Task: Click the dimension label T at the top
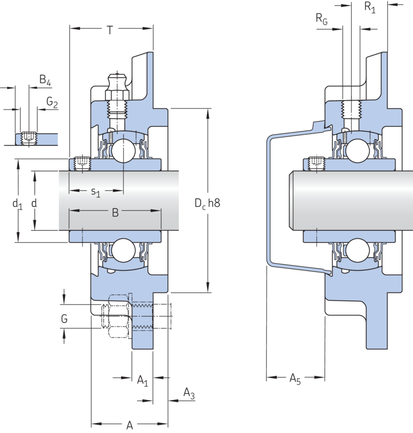point(110,30)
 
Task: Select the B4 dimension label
point(45,80)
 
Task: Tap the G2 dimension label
point(52,102)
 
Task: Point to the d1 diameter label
point(17,204)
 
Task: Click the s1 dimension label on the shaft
point(96,192)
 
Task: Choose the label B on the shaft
point(115,213)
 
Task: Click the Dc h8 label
point(208,203)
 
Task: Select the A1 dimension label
point(142,380)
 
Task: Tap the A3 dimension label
point(189,393)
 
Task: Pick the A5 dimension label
point(295,379)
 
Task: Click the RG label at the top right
point(322,19)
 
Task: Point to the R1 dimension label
point(370,7)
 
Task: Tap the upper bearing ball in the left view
point(123,151)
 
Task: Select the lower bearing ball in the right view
point(358,250)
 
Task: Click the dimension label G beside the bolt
point(64,319)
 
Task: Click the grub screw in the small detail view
point(29,138)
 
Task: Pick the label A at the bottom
point(130,424)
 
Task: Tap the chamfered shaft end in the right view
point(291,200)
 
